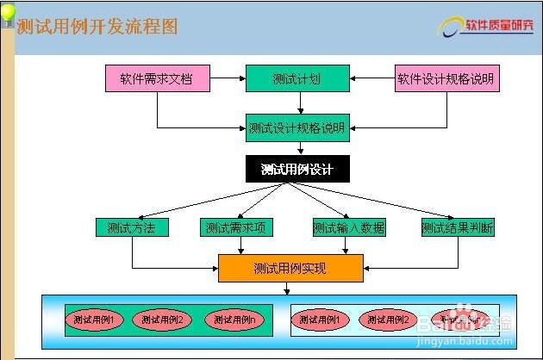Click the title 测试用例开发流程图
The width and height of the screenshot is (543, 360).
click(97, 27)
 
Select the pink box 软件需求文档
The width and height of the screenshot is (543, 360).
click(158, 78)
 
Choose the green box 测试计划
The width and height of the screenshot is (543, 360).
click(297, 78)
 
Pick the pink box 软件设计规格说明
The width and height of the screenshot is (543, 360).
click(446, 78)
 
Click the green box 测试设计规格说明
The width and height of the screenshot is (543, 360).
click(297, 128)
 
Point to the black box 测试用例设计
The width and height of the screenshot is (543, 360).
click(297, 169)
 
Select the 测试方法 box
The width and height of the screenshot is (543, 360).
click(131, 228)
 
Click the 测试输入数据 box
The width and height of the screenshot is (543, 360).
click(348, 228)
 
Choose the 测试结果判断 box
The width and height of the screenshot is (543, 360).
click(458, 228)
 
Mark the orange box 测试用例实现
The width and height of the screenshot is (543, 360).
click(290, 268)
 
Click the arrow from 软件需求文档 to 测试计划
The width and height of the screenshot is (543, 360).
click(228, 78)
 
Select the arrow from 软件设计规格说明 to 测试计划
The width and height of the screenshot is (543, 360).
click(371, 78)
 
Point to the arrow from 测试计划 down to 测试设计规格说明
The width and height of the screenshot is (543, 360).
click(300, 102)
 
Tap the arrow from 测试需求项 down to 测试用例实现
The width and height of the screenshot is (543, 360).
click(240, 245)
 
